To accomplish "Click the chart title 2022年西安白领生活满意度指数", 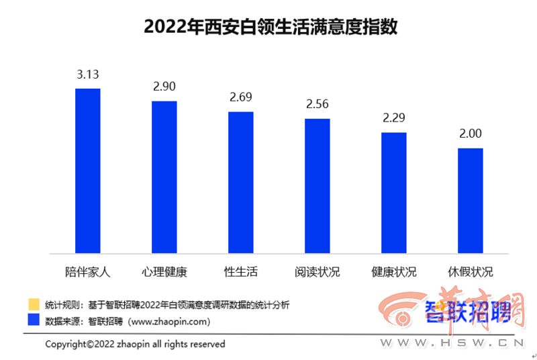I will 269,28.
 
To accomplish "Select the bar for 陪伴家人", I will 87,171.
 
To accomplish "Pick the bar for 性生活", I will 240,182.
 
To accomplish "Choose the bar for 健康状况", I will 394,193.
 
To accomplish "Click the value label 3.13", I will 87,75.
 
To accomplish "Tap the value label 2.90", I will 164,87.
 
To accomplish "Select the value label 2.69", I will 240,97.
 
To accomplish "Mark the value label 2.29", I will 394,118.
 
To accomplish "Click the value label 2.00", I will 471,134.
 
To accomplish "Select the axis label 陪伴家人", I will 87,273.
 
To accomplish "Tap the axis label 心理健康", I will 164,273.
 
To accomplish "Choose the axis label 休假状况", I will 471,273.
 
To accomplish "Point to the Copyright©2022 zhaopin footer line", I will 135,344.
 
